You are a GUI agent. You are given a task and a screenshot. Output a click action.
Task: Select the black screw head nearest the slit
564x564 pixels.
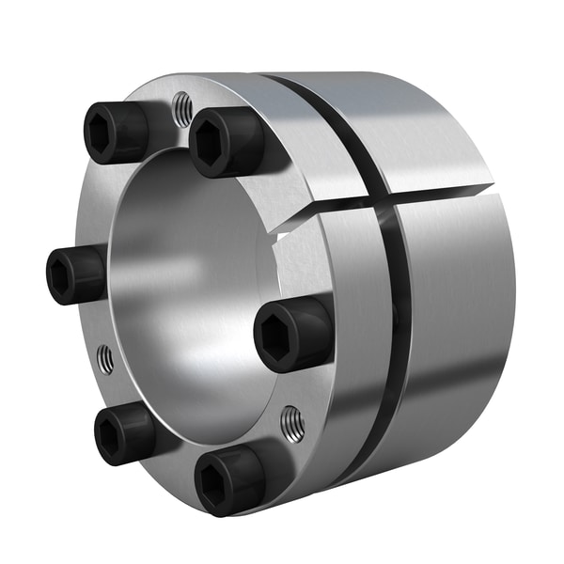(226, 142)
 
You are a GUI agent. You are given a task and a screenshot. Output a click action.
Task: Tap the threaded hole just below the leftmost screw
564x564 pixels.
(105, 358)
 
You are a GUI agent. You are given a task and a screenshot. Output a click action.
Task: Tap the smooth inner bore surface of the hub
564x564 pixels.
(179, 282)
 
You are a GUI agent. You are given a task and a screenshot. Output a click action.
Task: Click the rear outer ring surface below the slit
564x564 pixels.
(451, 310)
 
